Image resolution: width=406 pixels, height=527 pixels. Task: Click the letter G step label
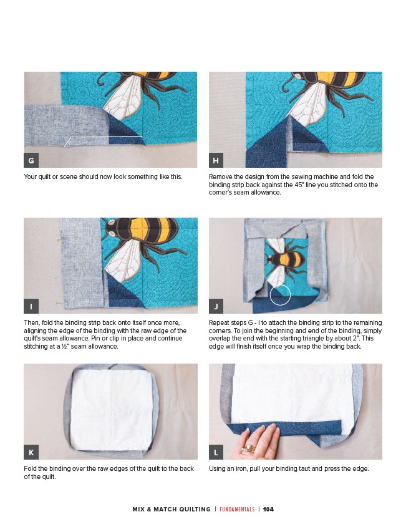[31, 160]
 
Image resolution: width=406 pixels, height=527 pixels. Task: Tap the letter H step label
[216, 160]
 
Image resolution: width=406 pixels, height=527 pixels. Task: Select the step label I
[31, 306]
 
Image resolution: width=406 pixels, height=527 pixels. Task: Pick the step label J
[216, 306]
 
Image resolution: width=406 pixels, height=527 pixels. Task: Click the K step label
[31, 452]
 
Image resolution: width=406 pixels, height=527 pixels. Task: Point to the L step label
[216, 452]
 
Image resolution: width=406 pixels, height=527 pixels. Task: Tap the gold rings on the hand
[248, 448]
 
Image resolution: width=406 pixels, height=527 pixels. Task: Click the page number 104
[268, 509]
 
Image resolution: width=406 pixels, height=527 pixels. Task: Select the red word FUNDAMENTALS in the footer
[237, 509]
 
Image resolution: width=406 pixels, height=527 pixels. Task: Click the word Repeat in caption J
[220, 322]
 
